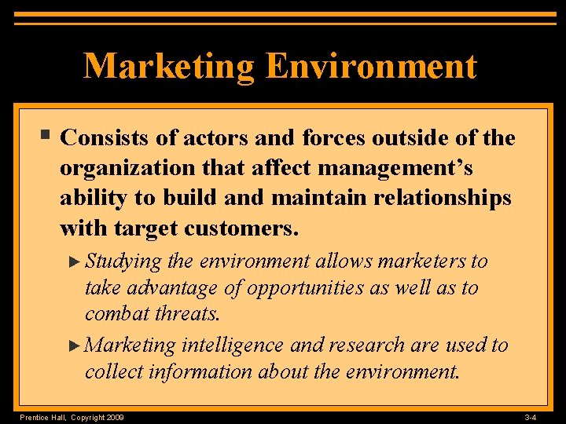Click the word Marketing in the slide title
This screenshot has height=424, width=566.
pyautogui.click(x=169, y=67)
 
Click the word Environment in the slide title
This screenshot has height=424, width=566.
pyautogui.click(x=371, y=67)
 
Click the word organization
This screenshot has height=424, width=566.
pyautogui.click(x=134, y=169)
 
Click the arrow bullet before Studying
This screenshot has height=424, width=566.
pyautogui.click(x=75, y=261)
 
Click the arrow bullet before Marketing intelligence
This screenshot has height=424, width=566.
pyautogui.click(x=75, y=345)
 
